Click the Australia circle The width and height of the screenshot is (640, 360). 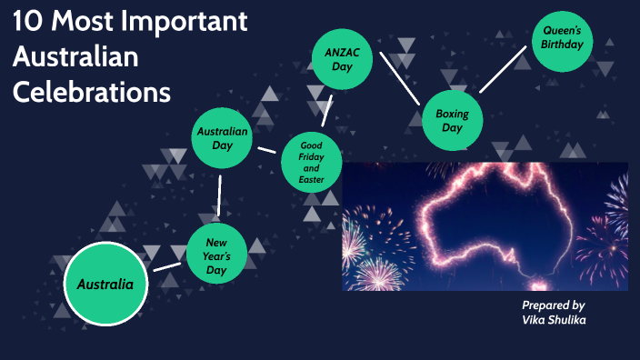105,284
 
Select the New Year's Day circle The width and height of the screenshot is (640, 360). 216,255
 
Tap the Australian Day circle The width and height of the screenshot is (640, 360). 223,138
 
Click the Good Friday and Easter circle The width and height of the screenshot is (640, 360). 311,161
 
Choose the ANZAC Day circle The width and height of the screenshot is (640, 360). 343,59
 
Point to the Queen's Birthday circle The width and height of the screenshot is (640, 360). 563,41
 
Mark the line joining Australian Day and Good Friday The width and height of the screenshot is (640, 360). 266,149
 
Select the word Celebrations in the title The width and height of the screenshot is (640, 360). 92,92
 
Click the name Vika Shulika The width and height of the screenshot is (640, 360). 553,321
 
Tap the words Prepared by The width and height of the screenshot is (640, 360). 553,305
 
